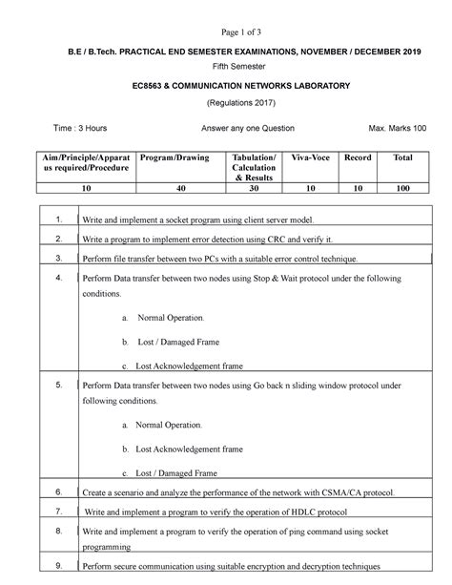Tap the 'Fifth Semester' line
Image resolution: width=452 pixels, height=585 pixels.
(x=226, y=67)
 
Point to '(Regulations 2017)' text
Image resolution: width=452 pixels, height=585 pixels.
(x=227, y=103)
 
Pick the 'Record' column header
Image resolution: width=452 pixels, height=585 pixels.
(x=358, y=156)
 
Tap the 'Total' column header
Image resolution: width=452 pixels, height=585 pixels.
(x=403, y=156)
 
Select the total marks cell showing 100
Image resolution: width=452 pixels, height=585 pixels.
(x=403, y=189)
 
